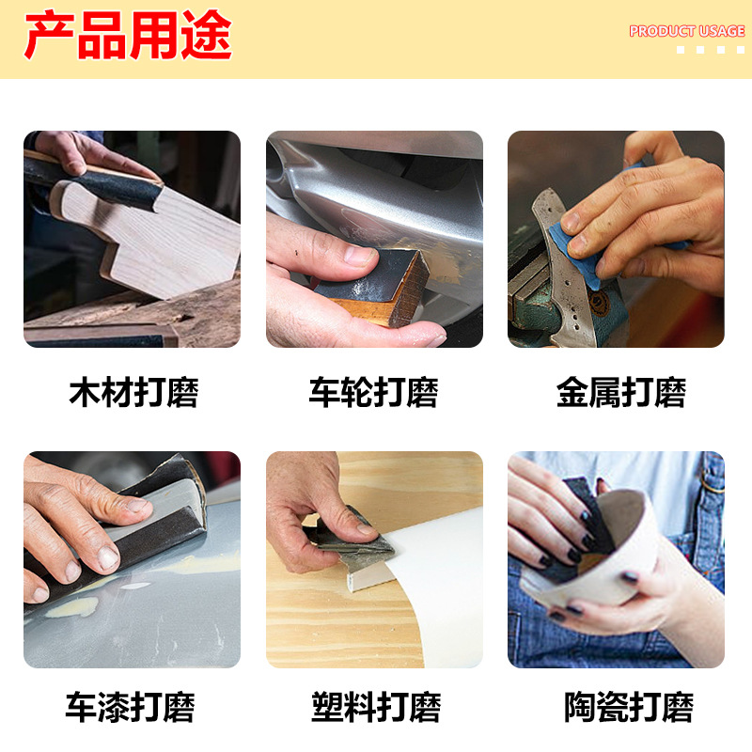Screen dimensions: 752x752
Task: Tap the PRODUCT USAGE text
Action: click(x=686, y=31)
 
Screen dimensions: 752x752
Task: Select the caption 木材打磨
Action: click(x=133, y=393)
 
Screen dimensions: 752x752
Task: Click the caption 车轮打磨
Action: click(x=374, y=393)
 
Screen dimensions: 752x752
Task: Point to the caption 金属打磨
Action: click(x=620, y=393)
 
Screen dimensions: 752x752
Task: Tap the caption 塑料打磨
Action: click(x=376, y=707)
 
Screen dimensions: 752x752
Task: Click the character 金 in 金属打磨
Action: click(x=572, y=393)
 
